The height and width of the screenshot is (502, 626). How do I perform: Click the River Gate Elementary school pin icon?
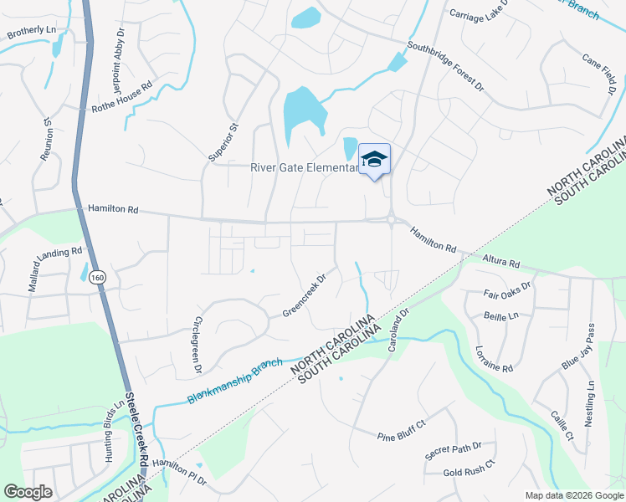374,159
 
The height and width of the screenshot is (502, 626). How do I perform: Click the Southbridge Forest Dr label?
445,66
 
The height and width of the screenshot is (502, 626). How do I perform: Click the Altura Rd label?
501,263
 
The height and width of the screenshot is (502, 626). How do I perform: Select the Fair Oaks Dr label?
508,295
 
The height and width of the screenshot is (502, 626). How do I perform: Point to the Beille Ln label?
501,315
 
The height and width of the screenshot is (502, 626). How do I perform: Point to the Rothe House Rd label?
122,97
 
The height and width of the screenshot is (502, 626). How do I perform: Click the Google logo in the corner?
28,492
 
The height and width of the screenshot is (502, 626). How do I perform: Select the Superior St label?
223,141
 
